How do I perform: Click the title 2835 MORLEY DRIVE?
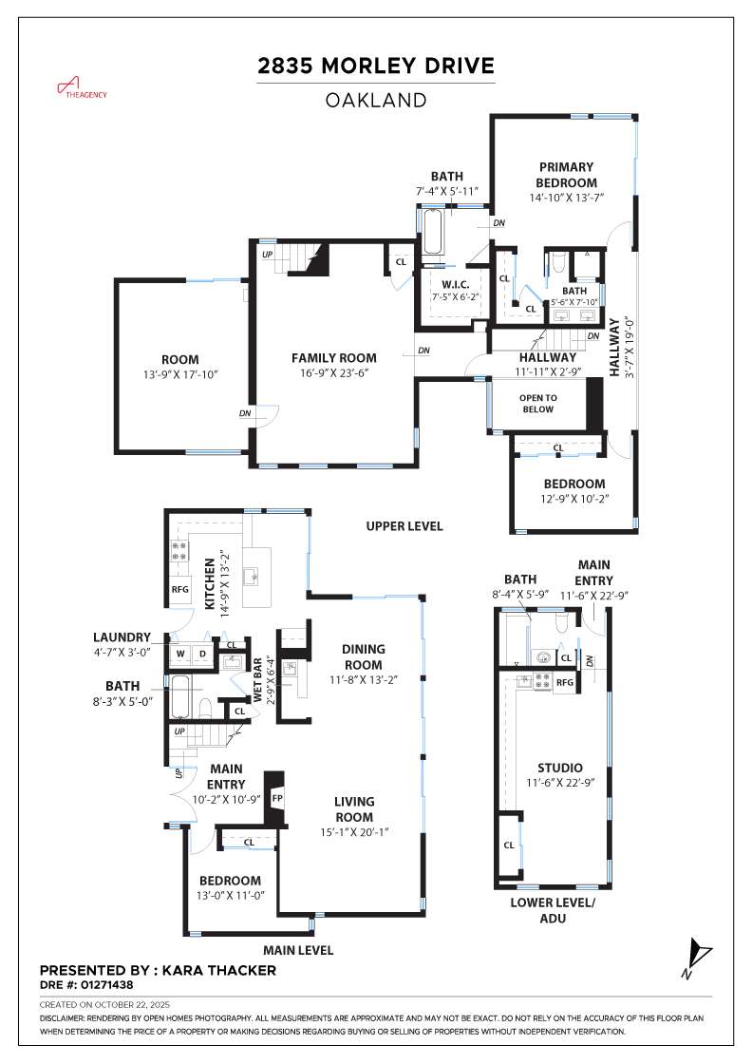(x=376, y=66)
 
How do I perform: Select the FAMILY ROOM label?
(x=333, y=358)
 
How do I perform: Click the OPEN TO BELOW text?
(x=537, y=404)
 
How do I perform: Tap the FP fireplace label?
(x=277, y=798)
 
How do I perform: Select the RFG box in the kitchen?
(x=180, y=589)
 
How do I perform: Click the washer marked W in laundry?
(x=180, y=654)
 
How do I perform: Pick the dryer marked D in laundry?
(x=202, y=654)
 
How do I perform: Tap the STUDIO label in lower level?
(x=559, y=768)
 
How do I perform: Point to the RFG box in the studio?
(x=565, y=682)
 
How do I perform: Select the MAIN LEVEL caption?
(x=298, y=950)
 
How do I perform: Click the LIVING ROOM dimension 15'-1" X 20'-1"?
(x=353, y=831)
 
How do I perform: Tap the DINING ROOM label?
(x=363, y=657)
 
